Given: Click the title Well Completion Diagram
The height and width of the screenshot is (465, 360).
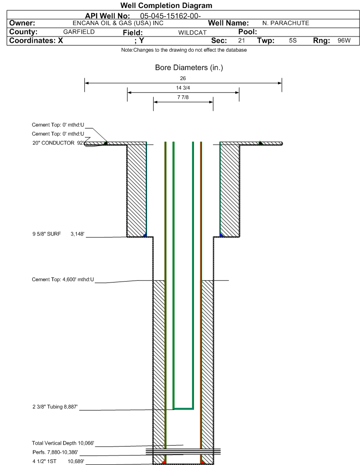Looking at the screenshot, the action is point(166,5).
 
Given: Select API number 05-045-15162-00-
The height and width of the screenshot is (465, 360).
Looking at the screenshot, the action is point(170,16).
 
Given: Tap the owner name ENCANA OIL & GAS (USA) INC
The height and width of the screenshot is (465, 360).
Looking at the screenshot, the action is point(118,23).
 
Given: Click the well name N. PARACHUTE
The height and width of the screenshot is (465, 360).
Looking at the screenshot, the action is point(286,23).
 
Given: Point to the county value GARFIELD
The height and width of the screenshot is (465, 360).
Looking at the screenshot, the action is point(79,32).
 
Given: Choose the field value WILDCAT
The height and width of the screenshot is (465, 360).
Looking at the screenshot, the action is point(192,32).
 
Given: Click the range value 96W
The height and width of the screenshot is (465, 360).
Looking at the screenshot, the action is point(344,40).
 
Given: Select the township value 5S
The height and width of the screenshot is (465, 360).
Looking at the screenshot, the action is point(293,40).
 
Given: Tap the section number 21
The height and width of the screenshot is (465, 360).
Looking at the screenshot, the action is point(241,40).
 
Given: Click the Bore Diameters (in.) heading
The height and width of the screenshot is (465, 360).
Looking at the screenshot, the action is point(189,68).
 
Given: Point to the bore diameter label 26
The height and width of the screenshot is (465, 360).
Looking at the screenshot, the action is point(183,78).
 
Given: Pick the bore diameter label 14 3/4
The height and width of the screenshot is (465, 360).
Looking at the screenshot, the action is point(183,88).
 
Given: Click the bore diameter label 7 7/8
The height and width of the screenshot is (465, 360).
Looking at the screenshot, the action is point(183,97).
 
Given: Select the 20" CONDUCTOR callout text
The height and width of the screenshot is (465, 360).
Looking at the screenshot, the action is point(54,143).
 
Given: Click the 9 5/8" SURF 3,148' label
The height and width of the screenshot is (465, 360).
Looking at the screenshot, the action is point(58,234).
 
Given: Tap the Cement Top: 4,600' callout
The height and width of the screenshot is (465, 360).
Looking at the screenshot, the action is point(63,279).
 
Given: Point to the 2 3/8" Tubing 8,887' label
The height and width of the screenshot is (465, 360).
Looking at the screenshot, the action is point(55,407).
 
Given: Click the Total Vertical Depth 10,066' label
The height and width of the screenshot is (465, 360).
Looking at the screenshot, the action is point(63,443).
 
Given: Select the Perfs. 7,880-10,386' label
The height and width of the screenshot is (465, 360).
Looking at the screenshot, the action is point(55,452).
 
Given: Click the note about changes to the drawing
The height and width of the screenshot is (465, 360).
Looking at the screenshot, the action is point(184,50).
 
